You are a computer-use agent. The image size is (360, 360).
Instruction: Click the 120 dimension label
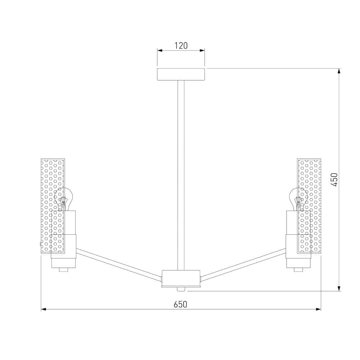pyautogui.click(x=181, y=46)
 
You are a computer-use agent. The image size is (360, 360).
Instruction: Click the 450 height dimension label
pyautogui.click(x=335, y=180)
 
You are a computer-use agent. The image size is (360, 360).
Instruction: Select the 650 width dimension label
pyautogui.click(x=180, y=305)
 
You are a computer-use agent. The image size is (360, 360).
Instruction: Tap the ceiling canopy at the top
pyautogui.click(x=181, y=74)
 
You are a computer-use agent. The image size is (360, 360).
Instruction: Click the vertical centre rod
pyautogui.click(x=181, y=175)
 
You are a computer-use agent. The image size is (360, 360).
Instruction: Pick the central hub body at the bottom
pyautogui.click(x=181, y=278)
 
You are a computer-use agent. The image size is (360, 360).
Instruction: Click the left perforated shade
pyautogui.click(x=53, y=206)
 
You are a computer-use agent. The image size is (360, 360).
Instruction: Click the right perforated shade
pyautogui.click(x=309, y=206)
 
